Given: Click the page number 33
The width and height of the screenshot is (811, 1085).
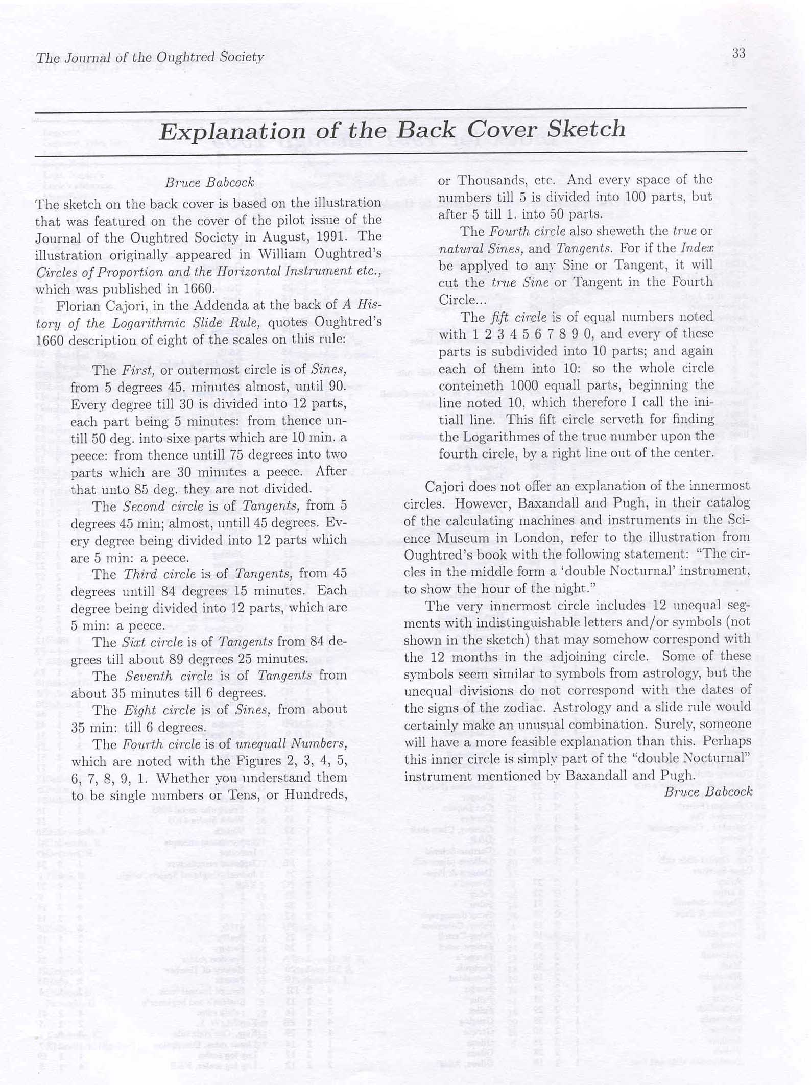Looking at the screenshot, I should pyautogui.click(x=738, y=53).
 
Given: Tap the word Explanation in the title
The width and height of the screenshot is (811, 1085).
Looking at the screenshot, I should pyautogui.click(x=232, y=131).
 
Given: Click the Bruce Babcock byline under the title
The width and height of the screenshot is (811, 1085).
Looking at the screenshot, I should pyautogui.click(x=209, y=183).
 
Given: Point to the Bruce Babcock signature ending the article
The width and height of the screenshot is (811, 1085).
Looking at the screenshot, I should pyautogui.click(x=708, y=791).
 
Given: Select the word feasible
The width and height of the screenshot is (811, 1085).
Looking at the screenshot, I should pyautogui.click(x=577, y=741).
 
